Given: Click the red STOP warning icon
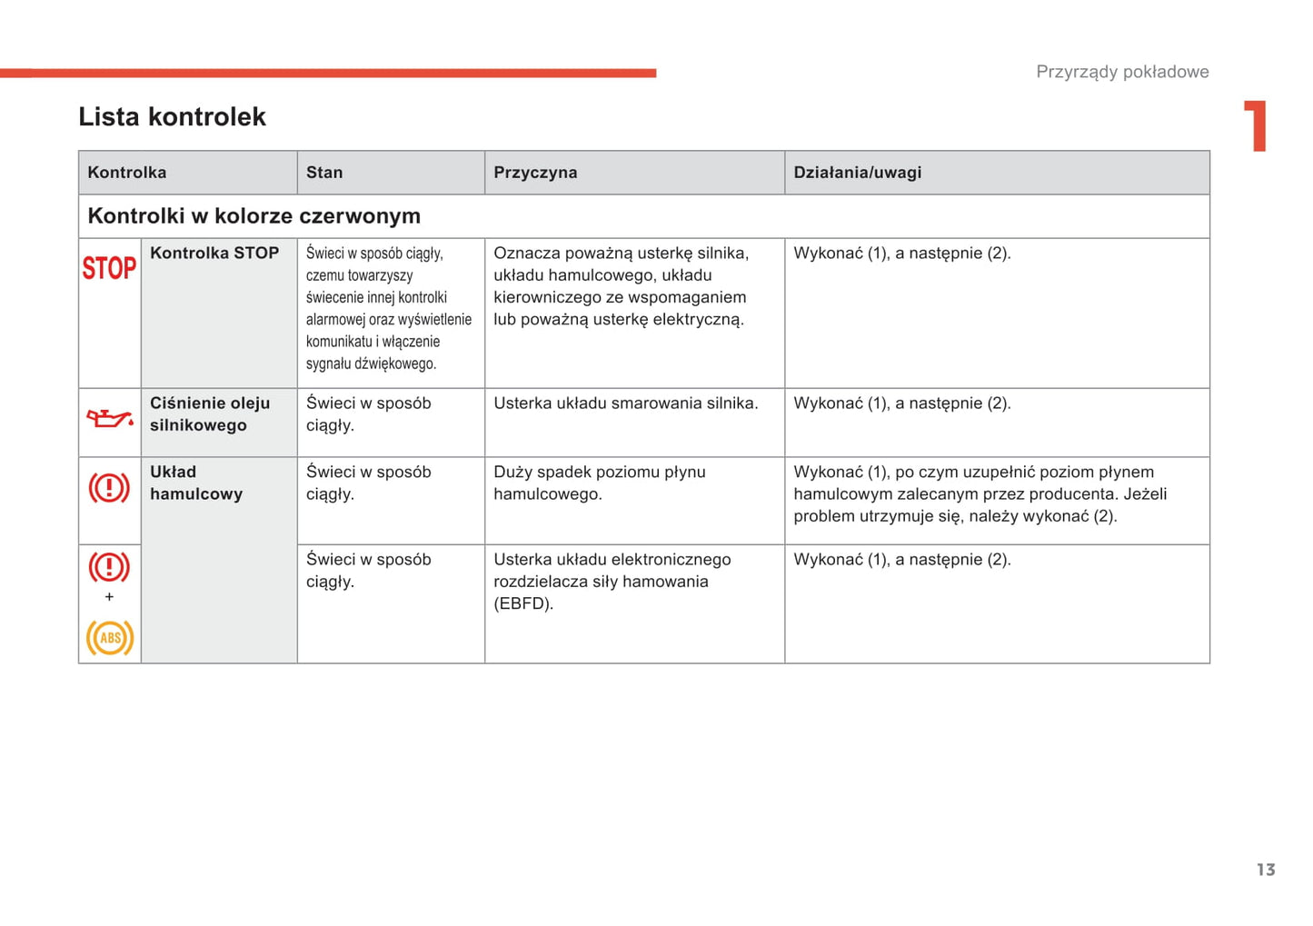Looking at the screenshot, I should click(109, 268).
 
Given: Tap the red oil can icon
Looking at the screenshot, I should click(109, 419).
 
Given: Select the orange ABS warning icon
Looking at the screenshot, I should click(110, 638).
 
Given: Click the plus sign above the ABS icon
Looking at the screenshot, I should click(109, 597).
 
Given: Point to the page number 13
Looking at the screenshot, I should click(1266, 870).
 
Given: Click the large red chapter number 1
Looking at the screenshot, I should click(1256, 126).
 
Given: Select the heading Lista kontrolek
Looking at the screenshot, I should click(172, 117).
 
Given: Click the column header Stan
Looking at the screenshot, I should click(324, 173).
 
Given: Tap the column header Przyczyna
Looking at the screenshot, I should click(535, 173).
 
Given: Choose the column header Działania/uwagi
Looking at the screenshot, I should click(857, 173).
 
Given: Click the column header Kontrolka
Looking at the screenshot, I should click(127, 173).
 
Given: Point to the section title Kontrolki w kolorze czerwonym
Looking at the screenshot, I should click(254, 216).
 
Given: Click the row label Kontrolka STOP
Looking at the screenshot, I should click(214, 254).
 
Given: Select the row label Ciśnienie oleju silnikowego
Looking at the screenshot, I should click(210, 414).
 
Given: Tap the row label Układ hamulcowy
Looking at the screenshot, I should click(196, 483).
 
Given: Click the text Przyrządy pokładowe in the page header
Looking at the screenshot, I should click(1122, 72).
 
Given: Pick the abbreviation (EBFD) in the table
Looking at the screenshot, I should click(523, 604).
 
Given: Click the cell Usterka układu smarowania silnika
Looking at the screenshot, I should click(625, 403).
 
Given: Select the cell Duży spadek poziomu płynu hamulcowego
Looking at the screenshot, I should click(600, 483).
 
